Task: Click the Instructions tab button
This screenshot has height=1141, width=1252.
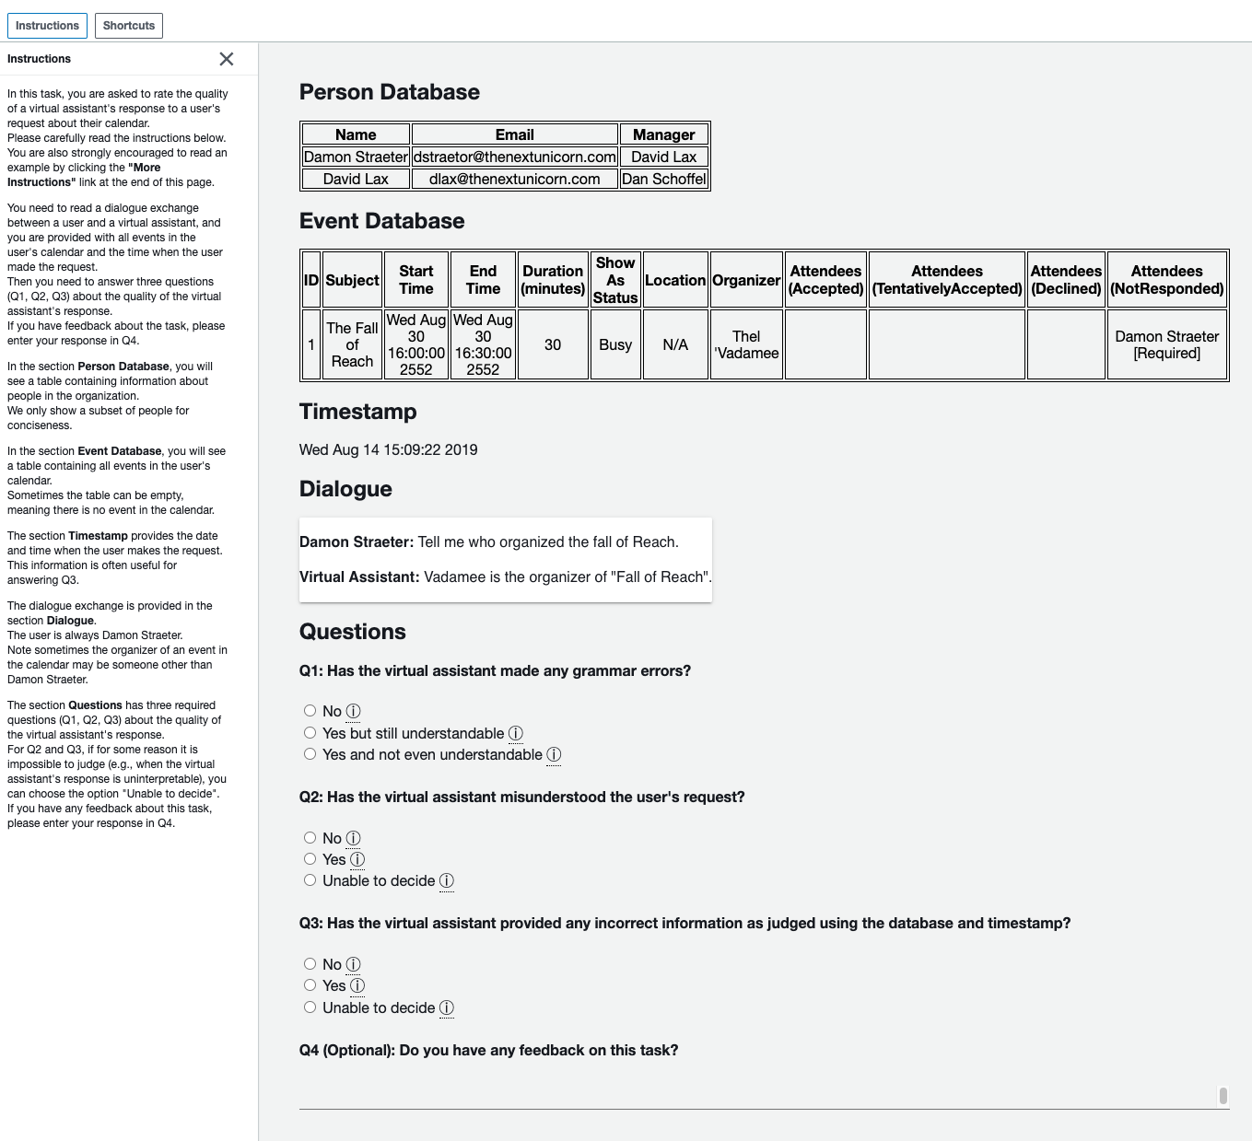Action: tap(47, 26)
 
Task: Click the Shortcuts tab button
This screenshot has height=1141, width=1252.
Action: tap(129, 26)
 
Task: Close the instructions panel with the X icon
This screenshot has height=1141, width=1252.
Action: tap(227, 59)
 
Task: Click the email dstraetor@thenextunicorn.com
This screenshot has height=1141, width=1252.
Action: tap(514, 157)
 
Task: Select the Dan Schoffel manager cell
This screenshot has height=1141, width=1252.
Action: tap(663, 179)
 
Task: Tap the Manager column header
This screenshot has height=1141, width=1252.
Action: tap(663, 134)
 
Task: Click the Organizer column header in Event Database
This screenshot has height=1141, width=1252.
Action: tap(746, 280)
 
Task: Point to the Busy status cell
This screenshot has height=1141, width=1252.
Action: tap(615, 344)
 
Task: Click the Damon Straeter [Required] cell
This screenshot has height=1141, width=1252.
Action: tap(1166, 344)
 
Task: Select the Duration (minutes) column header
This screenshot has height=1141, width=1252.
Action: tap(553, 280)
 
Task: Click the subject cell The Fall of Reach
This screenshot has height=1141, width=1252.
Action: tap(352, 344)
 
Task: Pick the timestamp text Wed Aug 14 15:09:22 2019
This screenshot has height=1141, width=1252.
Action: tap(388, 449)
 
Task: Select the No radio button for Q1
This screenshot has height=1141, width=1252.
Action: tap(310, 711)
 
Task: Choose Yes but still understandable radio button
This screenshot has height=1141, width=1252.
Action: tap(310, 733)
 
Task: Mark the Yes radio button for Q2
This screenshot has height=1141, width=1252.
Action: tap(310, 859)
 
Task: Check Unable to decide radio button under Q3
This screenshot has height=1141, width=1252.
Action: tap(310, 1007)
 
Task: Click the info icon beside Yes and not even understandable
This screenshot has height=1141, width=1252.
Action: tap(554, 755)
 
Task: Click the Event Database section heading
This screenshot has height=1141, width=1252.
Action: tap(381, 221)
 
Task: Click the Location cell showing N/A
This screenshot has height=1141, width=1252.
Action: tap(675, 344)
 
